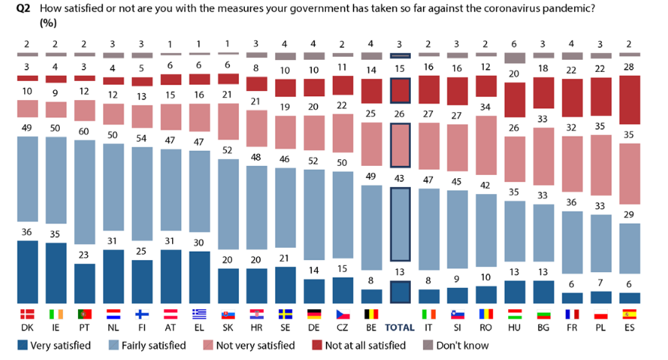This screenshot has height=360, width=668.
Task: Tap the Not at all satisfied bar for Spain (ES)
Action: [x=629, y=100]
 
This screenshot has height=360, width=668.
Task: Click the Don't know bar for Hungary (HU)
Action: [x=515, y=58]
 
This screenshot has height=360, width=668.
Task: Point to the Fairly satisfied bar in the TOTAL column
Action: [x=400, y=235]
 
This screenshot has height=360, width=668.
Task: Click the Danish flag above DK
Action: [x=28, y=315]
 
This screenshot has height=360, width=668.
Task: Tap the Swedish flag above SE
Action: [x=286, y=315]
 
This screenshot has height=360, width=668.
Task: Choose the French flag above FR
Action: [x=572, y=315]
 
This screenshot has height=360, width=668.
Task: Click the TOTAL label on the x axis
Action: [x=400, y=328]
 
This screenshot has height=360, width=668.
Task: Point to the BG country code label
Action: [x=544, y=328]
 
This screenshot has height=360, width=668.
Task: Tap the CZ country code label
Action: [x=343, y=328]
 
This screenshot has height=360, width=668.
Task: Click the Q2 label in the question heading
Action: [x=24, y=8]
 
